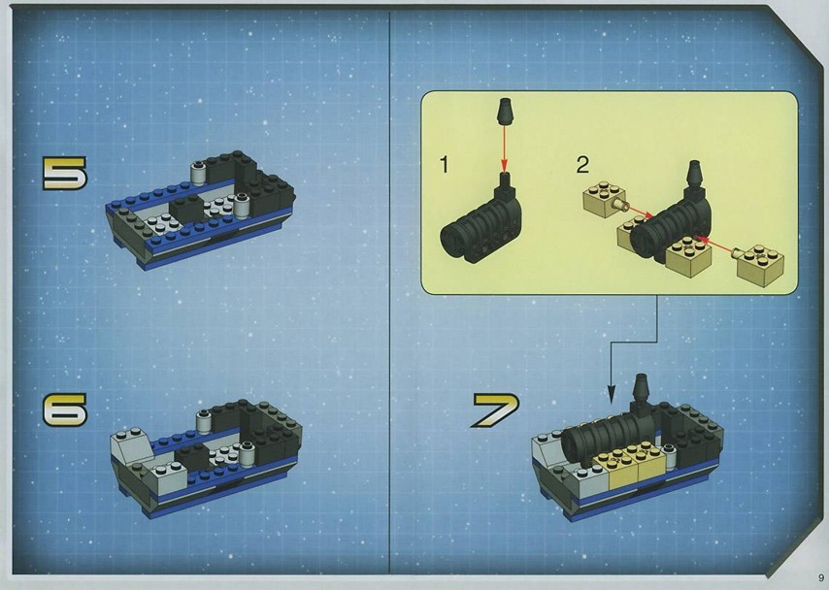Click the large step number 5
[64, 173]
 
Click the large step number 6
[64, 410]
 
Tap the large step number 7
[495, 410]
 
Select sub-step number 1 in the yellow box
[445, 164]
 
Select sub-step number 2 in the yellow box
[582, 164]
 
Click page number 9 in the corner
[821, 577]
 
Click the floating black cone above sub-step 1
[505, 111]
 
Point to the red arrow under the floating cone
[505, 149]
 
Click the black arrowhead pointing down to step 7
[612, 393]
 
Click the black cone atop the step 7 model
[641, 391]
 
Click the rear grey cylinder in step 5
[198, 173]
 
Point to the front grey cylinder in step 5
[242, 206]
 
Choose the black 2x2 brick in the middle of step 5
[187, 208]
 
